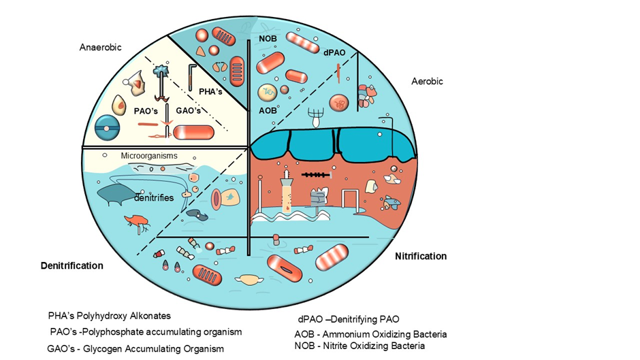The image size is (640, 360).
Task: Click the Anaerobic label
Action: coord(101,48)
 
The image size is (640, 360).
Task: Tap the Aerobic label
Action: coord(427,81)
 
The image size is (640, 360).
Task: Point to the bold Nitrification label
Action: coord(421,256)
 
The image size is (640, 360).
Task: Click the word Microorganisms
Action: coord(148,156)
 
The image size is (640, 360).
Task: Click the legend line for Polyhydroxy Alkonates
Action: coord(109,316)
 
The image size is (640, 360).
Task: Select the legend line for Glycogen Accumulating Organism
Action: coord(135,348)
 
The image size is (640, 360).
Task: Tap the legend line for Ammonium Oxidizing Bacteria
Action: coord(370,334)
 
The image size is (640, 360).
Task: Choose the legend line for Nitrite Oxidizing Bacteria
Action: coord(359,346)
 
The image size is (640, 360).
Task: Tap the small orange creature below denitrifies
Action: coord(137,220)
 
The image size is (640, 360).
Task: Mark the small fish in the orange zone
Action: coord(392,203)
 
